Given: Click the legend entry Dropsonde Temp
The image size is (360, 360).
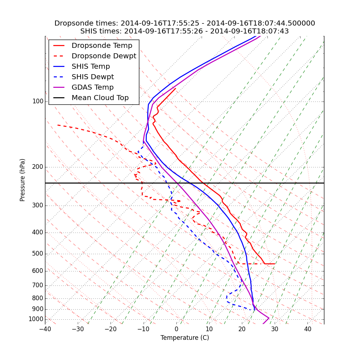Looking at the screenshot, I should [x=102, y=46].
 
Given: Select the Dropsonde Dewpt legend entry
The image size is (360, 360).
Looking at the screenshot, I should [x=104, y=56].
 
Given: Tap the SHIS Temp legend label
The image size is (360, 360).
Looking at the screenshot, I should [x=91, y=67].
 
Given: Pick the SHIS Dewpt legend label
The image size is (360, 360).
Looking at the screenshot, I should [x=93, y=77].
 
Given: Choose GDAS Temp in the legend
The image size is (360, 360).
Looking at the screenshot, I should [x=93, y=87].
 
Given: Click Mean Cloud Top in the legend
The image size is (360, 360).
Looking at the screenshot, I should [x=100, y=98].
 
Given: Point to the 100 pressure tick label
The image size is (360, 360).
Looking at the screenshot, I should [x=38, y=102].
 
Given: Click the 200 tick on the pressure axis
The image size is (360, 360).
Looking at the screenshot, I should [x=38, y=167].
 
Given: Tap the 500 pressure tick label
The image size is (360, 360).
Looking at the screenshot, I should [x=38, y=254].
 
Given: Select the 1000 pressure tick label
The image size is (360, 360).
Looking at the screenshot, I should [x=36, y=319].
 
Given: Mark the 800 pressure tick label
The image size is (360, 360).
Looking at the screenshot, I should [x=38, y=298].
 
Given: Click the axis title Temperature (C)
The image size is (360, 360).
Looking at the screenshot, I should [x=185, y=338].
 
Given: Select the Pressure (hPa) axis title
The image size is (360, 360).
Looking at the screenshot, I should [x=23, y=180].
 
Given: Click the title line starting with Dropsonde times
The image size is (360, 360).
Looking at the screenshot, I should [x=185, y=23].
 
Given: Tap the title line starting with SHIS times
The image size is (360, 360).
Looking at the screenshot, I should [x=185, y=31].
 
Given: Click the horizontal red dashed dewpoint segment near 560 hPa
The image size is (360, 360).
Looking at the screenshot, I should [x=252, y=264].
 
